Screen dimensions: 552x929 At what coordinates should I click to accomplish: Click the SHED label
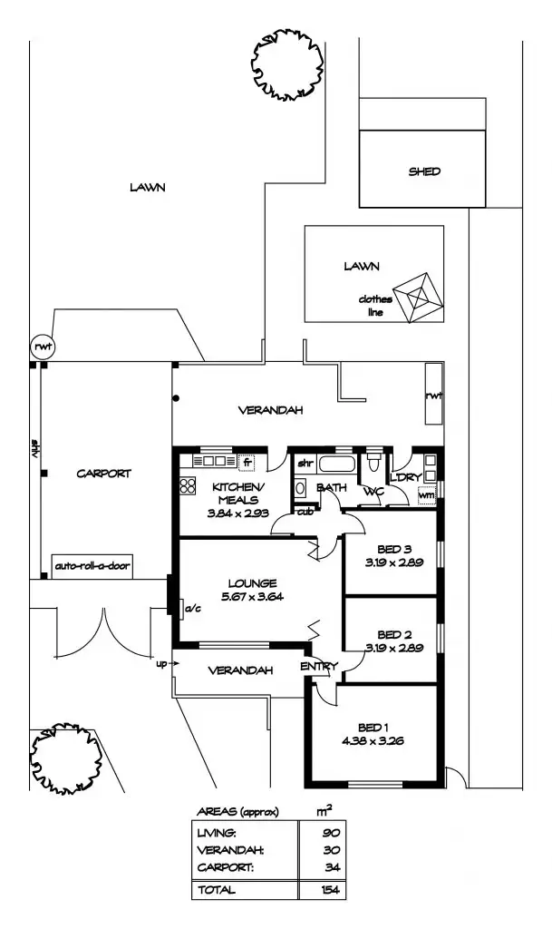424,171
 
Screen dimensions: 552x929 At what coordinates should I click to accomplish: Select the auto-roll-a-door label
92,566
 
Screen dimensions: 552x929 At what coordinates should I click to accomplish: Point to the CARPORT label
103,473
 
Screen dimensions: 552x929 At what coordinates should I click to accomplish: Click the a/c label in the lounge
192,609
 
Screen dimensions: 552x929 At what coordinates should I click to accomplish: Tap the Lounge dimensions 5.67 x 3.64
252,596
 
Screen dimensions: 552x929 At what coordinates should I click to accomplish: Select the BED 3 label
394,549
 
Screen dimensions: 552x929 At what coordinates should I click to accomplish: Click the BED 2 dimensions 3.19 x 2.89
394,647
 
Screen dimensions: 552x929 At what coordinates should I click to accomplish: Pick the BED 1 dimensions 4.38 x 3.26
374,740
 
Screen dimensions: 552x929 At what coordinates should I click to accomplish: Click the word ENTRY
318,667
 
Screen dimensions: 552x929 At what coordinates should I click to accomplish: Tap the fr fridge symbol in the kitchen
247,464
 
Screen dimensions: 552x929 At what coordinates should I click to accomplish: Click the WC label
373,491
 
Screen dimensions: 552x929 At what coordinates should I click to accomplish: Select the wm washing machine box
426,494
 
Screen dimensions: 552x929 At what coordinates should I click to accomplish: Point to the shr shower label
305,463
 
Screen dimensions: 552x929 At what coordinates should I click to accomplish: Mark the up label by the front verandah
162,663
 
